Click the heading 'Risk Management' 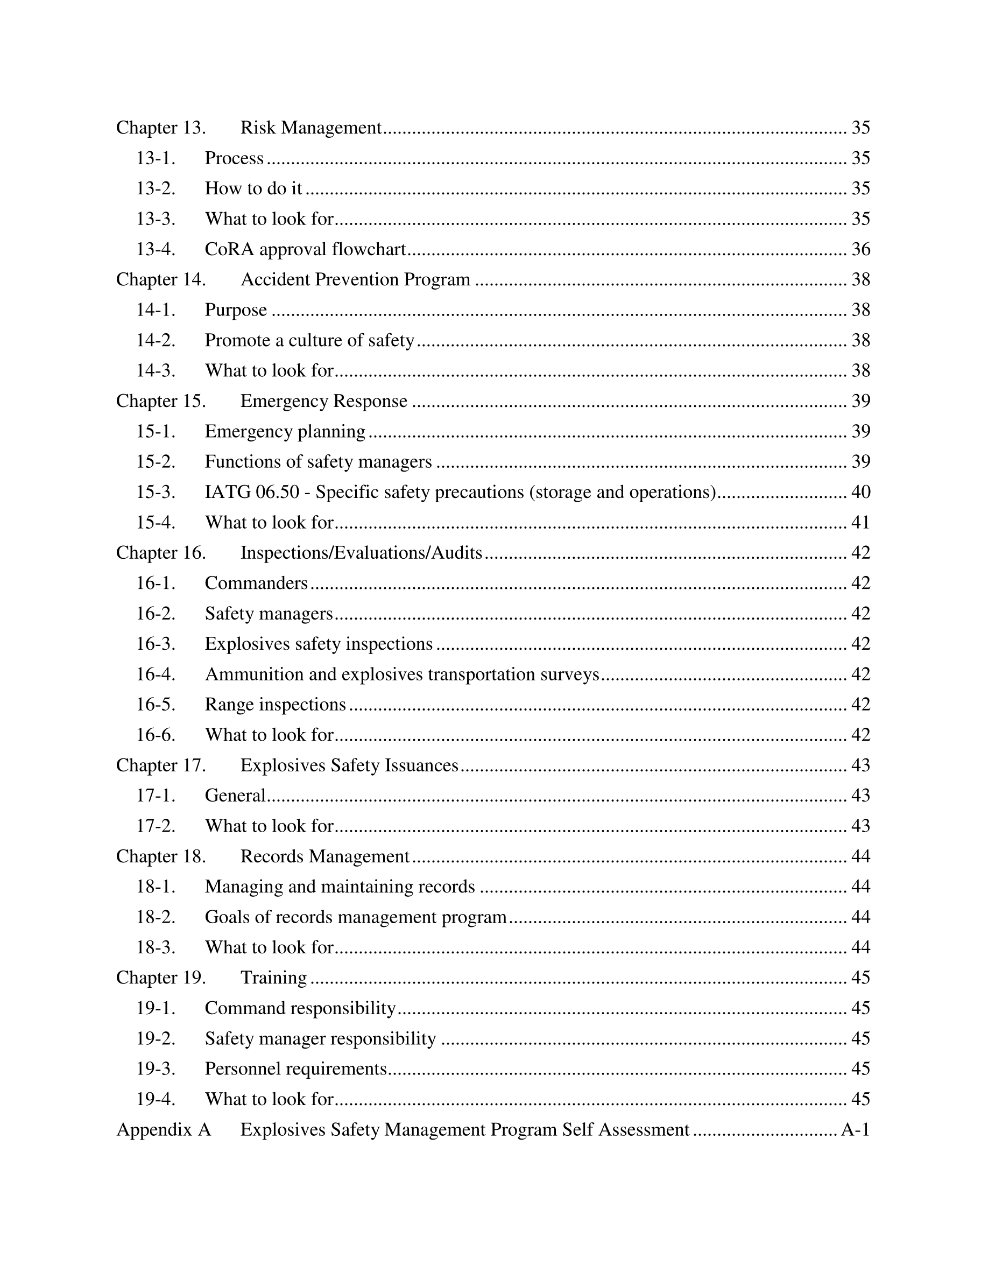tap(311, 128)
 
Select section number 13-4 tap(156, 249)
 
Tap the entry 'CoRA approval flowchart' tap(305, 249)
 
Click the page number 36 tap(860, 249)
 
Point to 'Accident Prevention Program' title tap(355, 280)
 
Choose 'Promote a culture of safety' tap(309, 340)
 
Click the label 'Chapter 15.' tap(161, 401)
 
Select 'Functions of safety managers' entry tap(318, 462)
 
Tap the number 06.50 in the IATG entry tap(278, 493)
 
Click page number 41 tap(860, 522)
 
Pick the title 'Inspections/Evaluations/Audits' tap(361, 553)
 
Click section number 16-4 tap(156, 674)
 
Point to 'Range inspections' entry tap(275, 705)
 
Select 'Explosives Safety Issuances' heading tap(349, 765)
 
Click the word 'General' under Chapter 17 tap(235, 796)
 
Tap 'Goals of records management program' tap(355, 917)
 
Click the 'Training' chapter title tap(273, 978)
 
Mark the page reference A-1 tap(855, 1130)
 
